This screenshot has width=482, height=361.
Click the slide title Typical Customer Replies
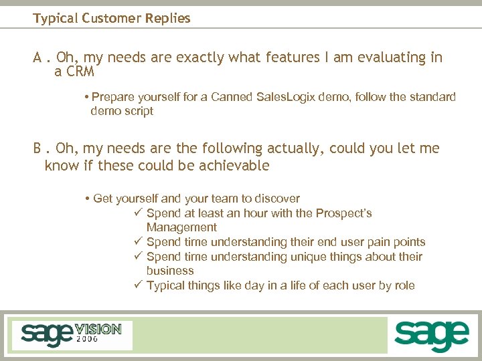coord(112,18)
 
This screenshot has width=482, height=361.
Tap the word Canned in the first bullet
coord(232,97)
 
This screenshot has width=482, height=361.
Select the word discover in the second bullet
coord(276,199)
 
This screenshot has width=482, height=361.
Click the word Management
coord(181,227)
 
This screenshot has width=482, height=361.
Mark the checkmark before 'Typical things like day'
coord(138,285)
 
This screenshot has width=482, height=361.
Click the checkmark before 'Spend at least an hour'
coord(138,213)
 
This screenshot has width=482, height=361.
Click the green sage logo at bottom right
coord(431,335)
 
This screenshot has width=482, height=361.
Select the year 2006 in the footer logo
coord(87,340)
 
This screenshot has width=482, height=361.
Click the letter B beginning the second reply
coord(38,148)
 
